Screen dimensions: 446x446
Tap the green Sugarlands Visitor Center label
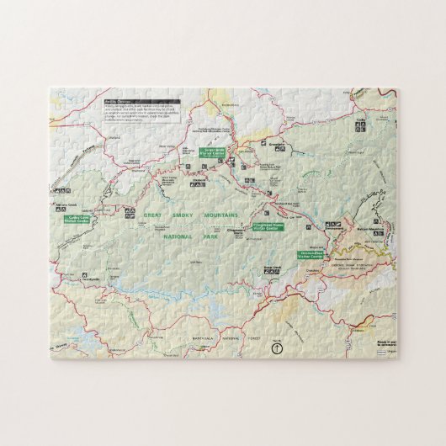(210, 152)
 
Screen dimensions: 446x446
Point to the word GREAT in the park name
(152, 215)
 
